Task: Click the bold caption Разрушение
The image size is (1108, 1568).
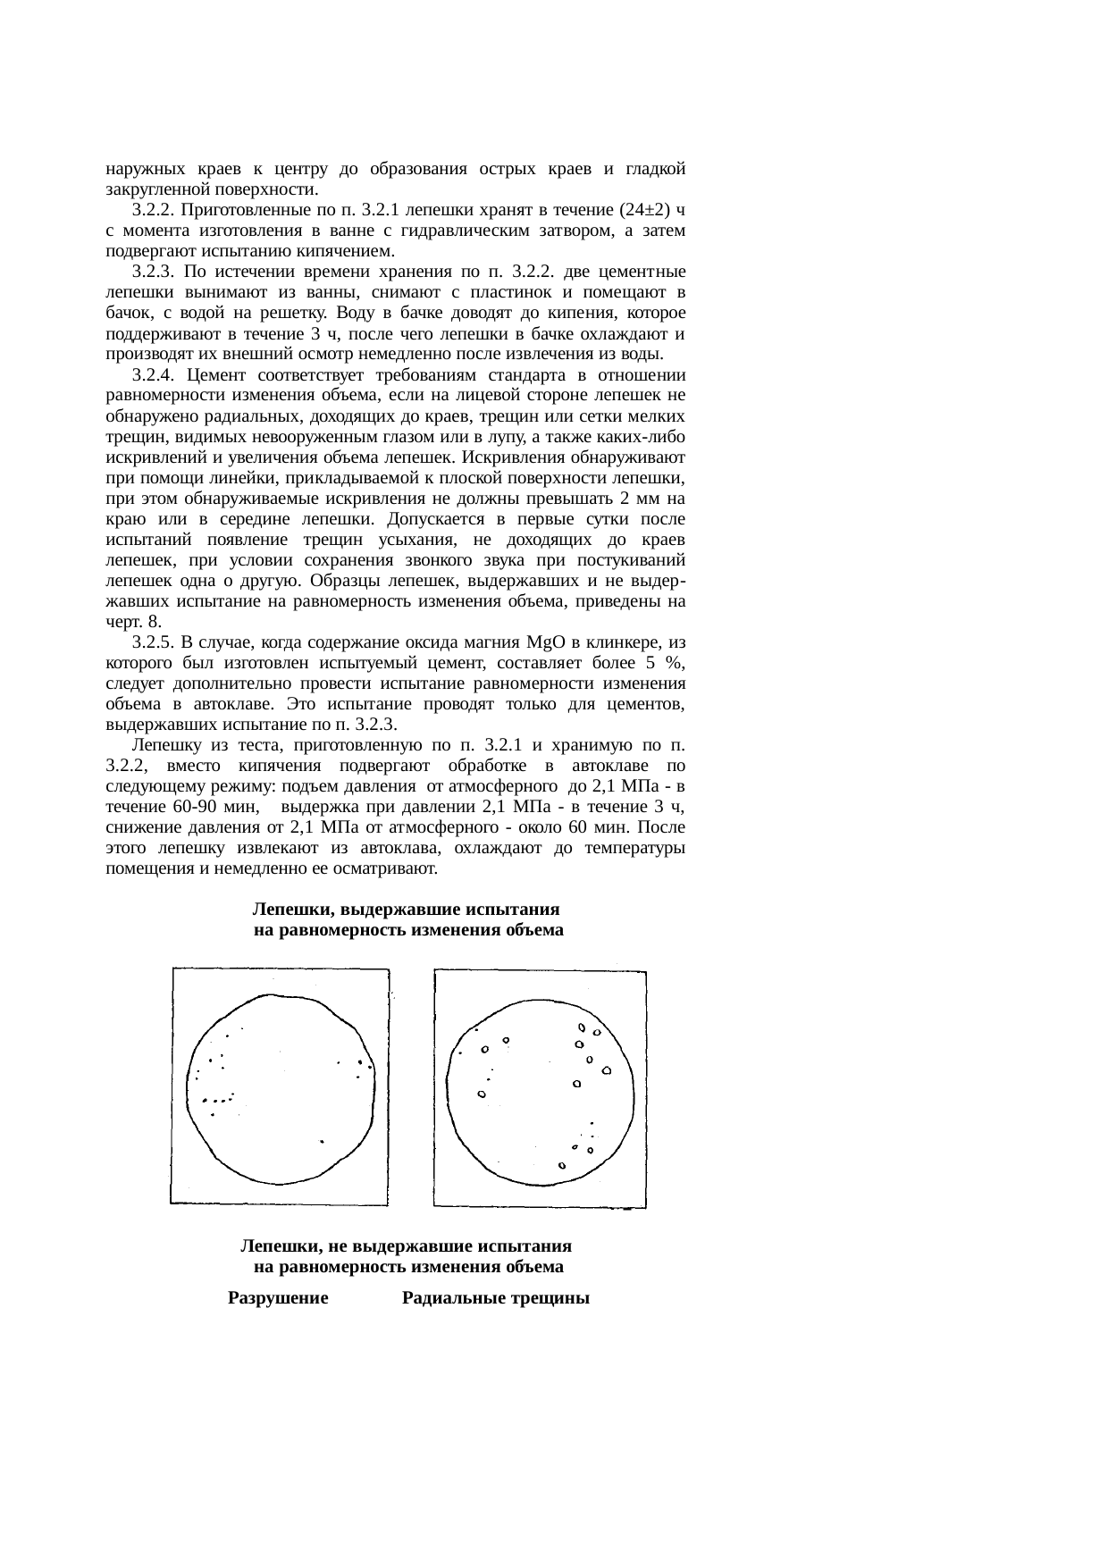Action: pos(279,1298)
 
